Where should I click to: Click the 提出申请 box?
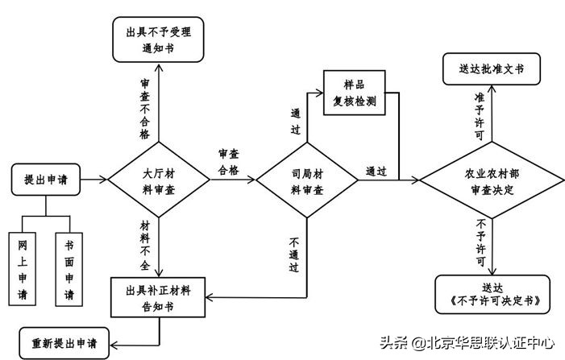tap(46, 180)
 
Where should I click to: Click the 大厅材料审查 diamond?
tap(160, 180)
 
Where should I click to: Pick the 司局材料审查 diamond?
tap(307, 180)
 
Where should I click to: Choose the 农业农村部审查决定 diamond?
tap(491, 181)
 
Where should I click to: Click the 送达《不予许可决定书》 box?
tap(492, 295)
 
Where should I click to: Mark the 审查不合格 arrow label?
tap(144, 109)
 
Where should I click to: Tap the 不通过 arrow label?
tap(294, 254)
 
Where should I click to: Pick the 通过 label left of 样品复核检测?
tap(296, 122)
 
